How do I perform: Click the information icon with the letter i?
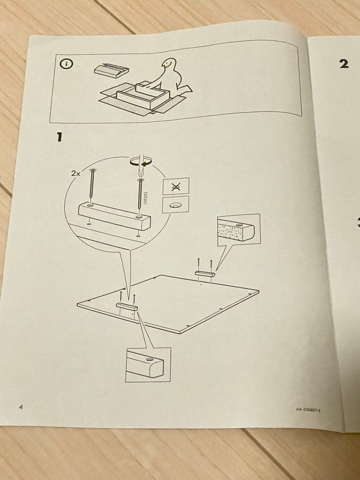coord(66,64)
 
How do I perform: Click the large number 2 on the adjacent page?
coord(344,64)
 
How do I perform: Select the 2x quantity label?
coord(75,174)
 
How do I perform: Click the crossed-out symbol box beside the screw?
coord(176,186)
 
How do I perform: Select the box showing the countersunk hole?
coord(176,205)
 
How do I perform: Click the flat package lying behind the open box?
coord(112,70)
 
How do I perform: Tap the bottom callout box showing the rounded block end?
coord(147,364)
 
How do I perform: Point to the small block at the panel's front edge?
coord(127,306)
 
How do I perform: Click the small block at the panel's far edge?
coord(204,274)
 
